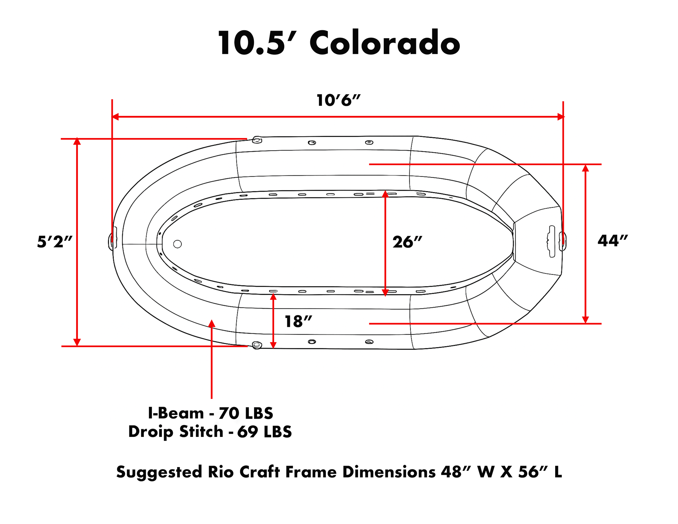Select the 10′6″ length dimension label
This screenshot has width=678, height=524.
(x=338, y=100)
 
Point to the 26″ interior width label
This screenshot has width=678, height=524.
(x=407, y=242)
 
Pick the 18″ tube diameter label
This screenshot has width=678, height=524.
(x=298, y=321)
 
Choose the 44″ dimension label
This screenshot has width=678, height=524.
(x=612, y=241)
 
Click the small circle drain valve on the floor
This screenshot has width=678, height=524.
(x=177, y=244)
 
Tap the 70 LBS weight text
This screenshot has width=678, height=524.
(x=246, y=413)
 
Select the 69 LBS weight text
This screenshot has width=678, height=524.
(x=264, y=432)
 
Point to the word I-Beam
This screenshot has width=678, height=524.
(x=176, y=413)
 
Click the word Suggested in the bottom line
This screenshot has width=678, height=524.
(x=159, y=472)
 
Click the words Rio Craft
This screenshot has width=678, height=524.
(x=244, y=472)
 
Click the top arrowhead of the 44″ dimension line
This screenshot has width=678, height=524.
(x=585, y=168)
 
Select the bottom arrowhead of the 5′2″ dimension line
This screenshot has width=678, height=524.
(x=77, y=342)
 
